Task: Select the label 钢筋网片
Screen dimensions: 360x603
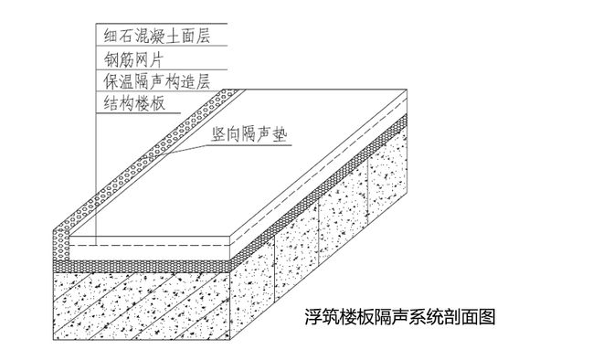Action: (132, 60)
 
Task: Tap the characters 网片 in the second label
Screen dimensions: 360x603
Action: (145, 60)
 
